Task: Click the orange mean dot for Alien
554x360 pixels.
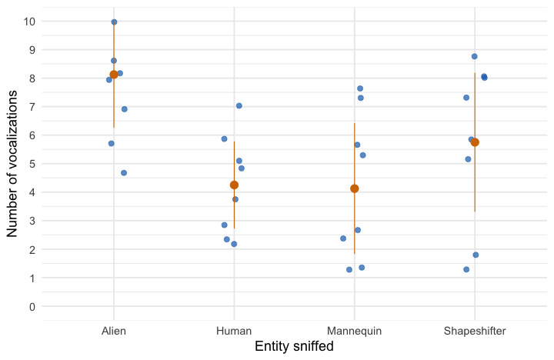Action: click(x=114, y=75)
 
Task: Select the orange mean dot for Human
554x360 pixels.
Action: click(x=234, y=185)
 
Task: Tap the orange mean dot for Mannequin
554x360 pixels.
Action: click(x=354, y=188)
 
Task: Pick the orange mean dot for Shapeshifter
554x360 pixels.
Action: click(x=475, y=142)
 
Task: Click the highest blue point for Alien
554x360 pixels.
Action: click(x=114, y=22)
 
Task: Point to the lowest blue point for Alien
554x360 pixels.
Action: click(x=124, y=173)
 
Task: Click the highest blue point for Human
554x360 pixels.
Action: click(x=239, y=105)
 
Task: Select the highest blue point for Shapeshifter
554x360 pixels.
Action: click(x=475, y=56)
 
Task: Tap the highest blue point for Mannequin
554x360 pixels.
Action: click(x=360, y=88)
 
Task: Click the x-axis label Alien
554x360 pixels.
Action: click(x=114, y=332)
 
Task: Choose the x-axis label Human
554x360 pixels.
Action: click(x=234, y=332)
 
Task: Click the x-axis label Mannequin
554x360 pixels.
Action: click(x=354, y=332)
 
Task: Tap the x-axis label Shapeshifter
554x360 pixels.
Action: click(x=475, y=332)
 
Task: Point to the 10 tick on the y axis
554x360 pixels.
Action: click(x=30, y=21)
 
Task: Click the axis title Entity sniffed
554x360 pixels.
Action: click(x=294, y=347)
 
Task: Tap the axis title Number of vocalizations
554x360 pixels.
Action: click(x=12, y=164)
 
